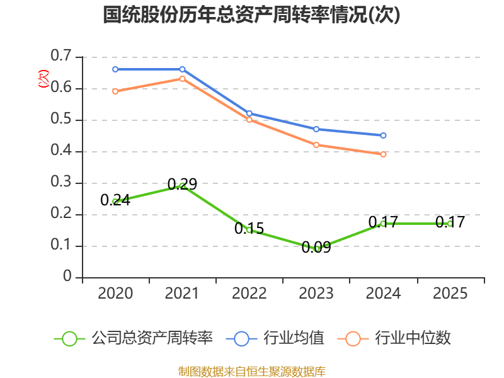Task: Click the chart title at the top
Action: click(251, 15)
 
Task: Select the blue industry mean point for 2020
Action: click(115, 69)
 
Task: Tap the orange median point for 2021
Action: click(182, 79)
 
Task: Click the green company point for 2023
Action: click(316, 249)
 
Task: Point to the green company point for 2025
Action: click(450, 224)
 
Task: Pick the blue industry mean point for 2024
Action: click(383, 135)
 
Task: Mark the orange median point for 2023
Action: click(316, 145)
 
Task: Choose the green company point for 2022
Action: click(249, 230)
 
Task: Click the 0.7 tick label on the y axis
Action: click(61, 57)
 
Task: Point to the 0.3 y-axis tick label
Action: click(61, 183)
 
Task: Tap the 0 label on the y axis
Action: click(68, 277)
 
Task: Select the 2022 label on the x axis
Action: click(249, 294)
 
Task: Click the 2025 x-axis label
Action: click(450, 294)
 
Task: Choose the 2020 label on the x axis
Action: click(115, 294)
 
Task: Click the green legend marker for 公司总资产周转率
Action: click(69, 338)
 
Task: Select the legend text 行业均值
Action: click(294, 338)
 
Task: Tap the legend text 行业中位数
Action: click(413, 338)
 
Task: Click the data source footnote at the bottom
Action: click(251, 371)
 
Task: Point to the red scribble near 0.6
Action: click(43, 79)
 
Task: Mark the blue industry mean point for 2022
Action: click(249, 113)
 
